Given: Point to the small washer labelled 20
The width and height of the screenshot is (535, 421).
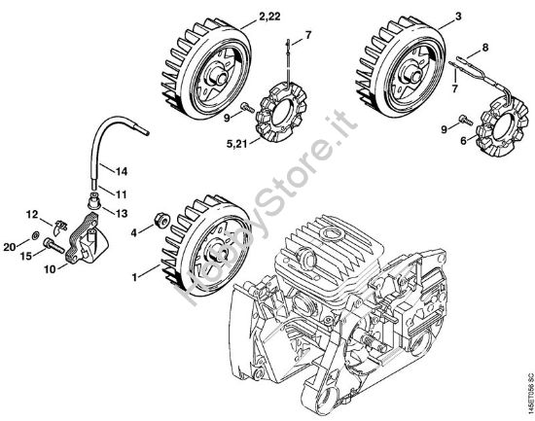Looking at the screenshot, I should click(51, 236).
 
